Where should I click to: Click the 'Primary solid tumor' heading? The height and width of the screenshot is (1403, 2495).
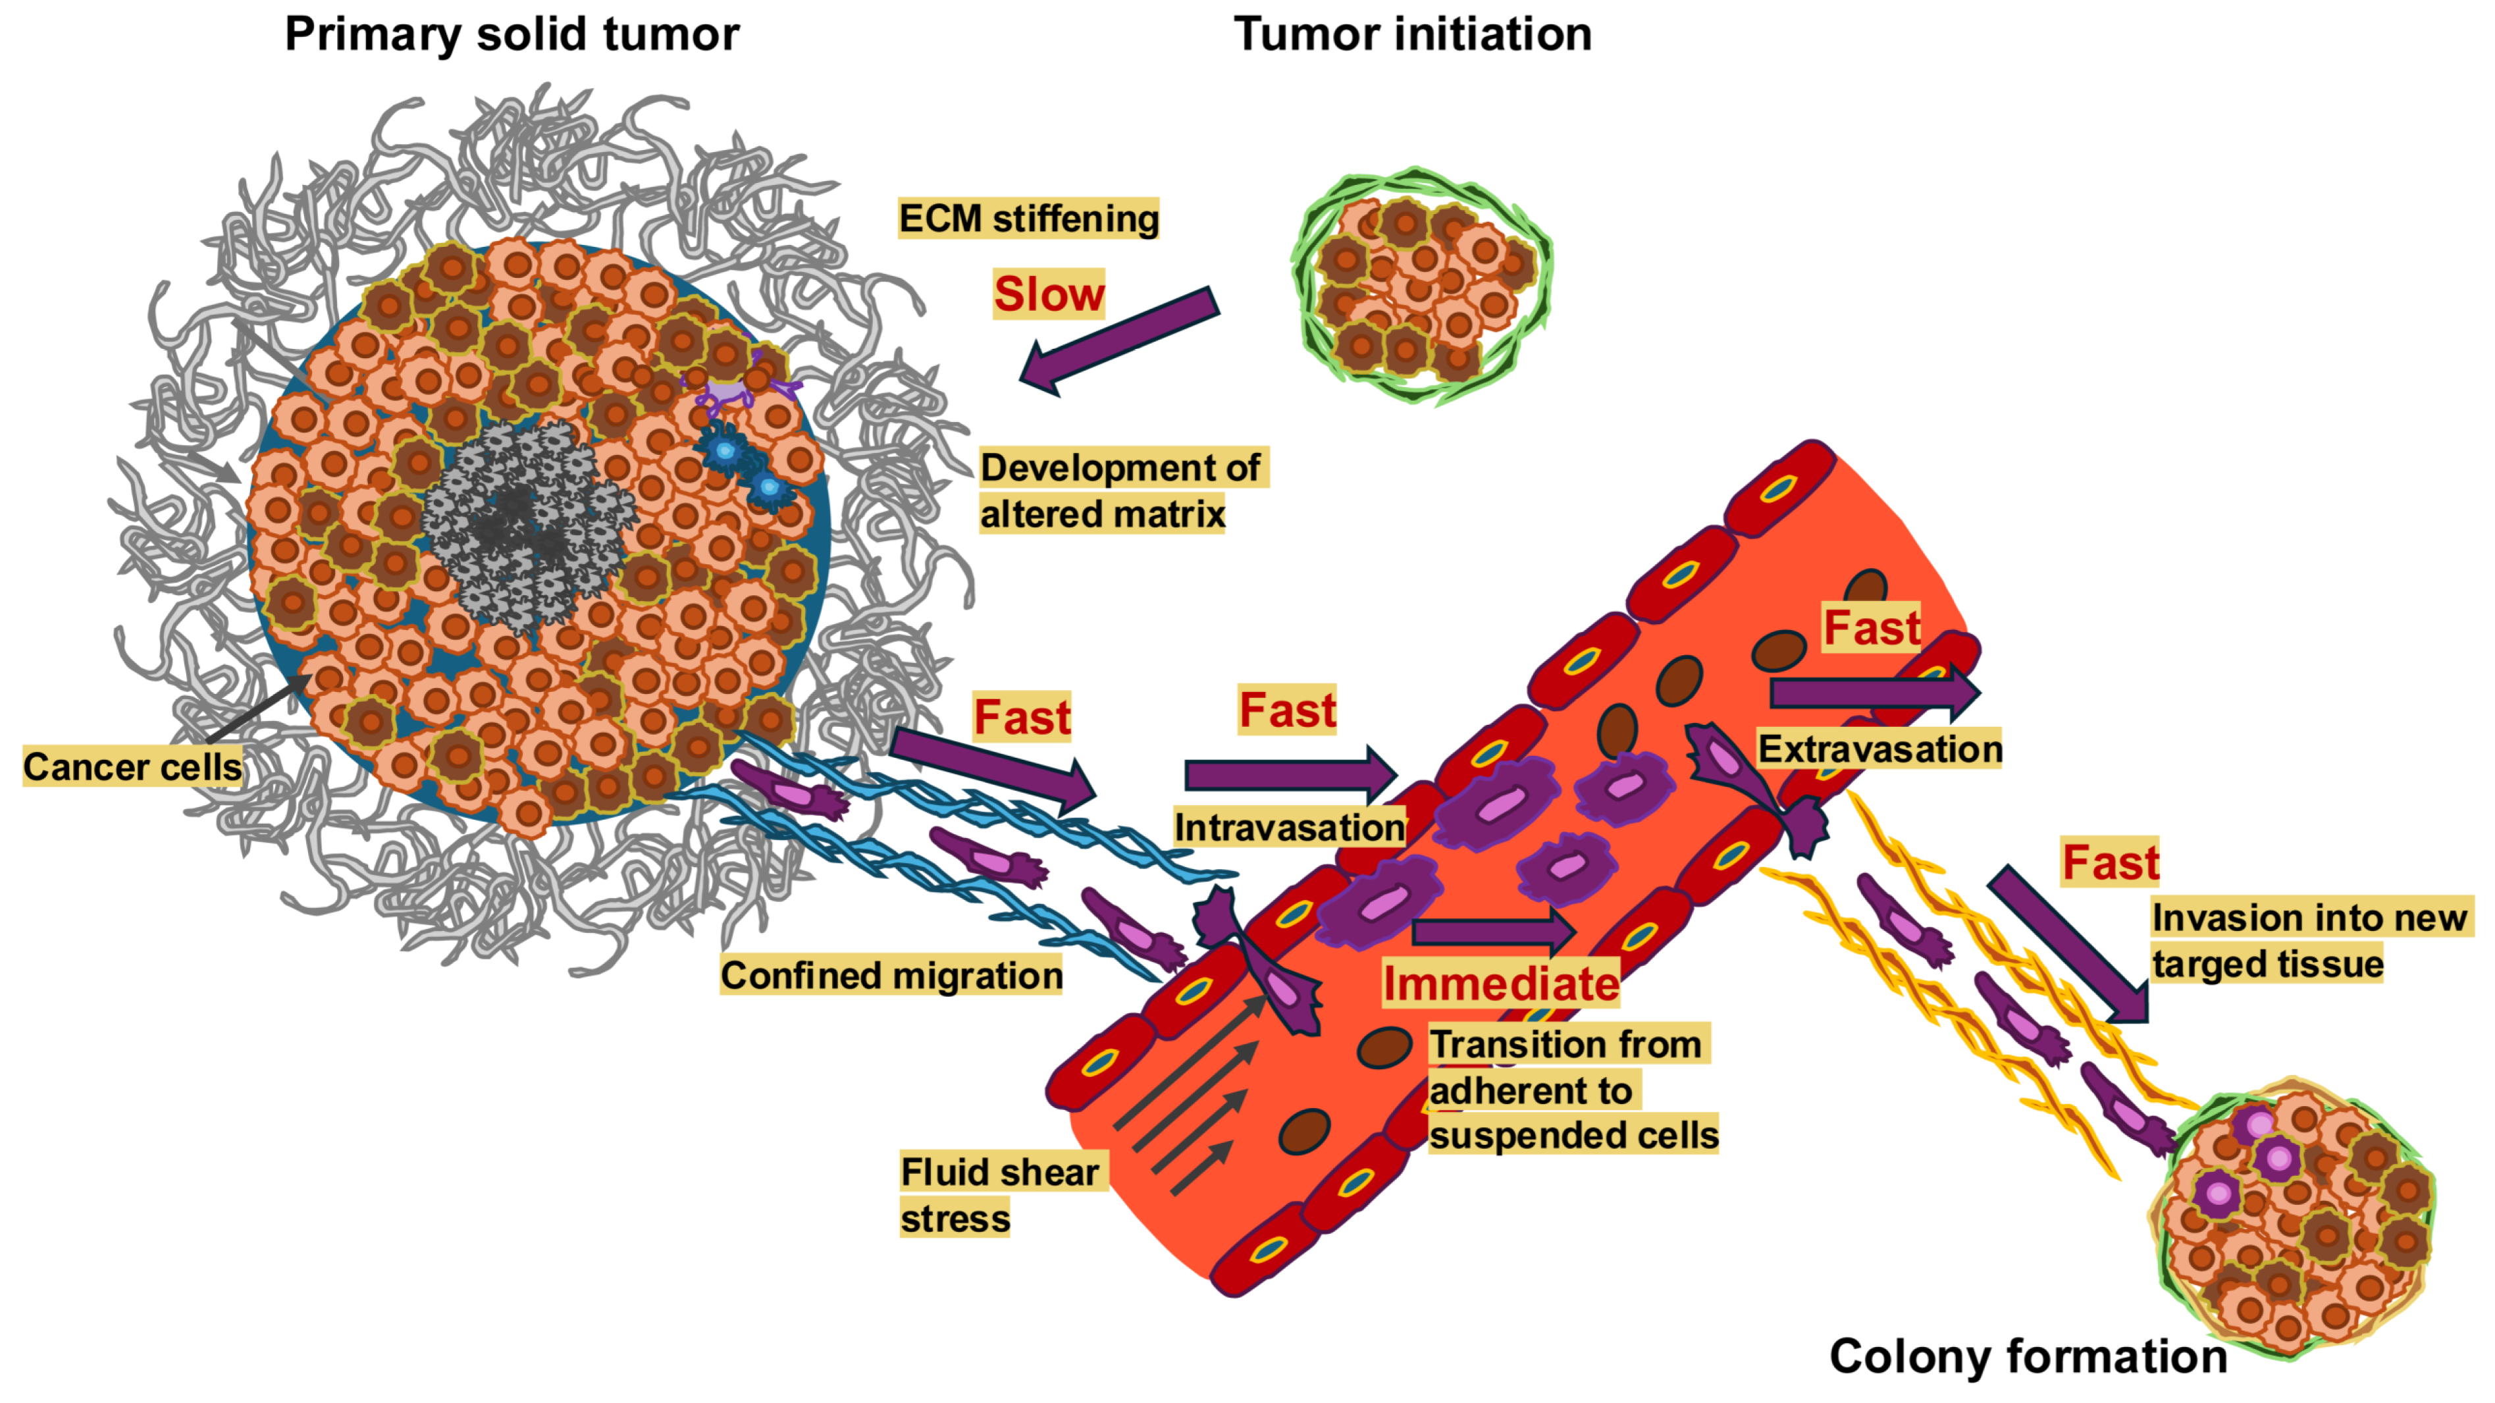coord(512,35)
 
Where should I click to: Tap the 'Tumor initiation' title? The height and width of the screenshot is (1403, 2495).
coord(1412,35)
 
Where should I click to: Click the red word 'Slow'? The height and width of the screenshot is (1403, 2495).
coord(1048,294)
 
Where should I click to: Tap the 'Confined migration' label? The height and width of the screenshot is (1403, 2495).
coord(891,975)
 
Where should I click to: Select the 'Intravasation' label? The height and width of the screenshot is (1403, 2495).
coord(1289,828)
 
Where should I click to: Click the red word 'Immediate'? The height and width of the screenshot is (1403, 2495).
coord(1500,984)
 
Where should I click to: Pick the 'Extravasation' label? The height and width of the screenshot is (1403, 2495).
coord(1879,749)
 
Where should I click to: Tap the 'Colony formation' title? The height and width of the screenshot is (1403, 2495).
coord(2027,1356)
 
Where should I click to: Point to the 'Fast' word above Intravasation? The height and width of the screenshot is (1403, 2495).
coord(1287,710)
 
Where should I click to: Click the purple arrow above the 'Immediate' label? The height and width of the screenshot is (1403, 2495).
coord(1492,932)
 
